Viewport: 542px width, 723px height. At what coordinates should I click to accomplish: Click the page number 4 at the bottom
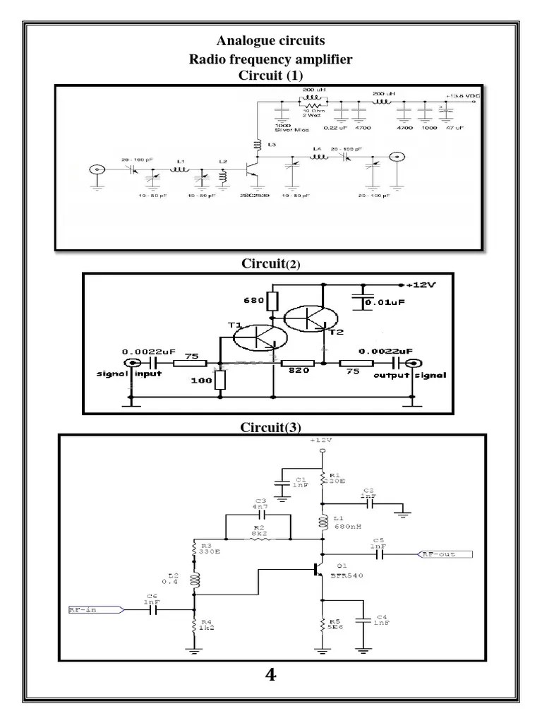tap(271, 676)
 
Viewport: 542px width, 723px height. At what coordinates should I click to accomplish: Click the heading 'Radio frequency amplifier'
tap(271, 60)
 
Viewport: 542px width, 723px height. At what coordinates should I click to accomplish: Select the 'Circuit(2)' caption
tap(271, 264)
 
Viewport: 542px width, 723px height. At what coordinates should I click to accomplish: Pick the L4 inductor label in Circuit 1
tap(318, 148)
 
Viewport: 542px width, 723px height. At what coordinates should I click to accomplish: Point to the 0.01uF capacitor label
tap(388, 304)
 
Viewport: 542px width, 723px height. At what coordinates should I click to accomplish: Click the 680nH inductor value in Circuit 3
tap(348, 525)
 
